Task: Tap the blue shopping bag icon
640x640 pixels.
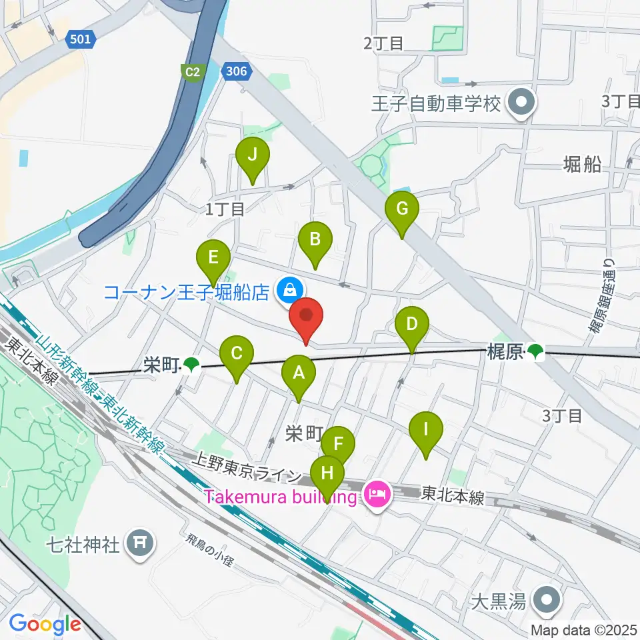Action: pyautogui.click(x=291, y=289)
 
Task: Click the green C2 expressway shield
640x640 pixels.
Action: pyautogui.click(x=192, y=71)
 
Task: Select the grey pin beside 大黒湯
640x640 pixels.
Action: pyautogui.click(x=548, y=601)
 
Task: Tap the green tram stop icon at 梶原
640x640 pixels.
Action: pyautogui.click(x=535, y=351)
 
